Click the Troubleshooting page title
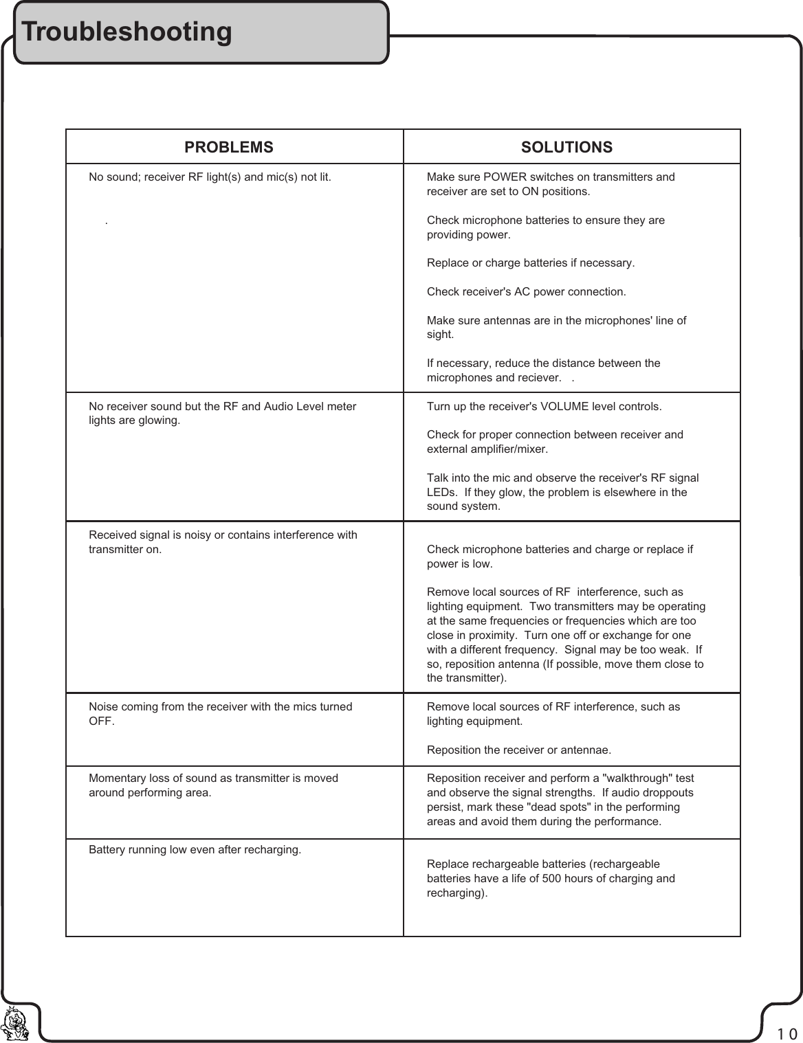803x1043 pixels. (x=126, y=32)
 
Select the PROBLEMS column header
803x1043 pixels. (x=228, y=147)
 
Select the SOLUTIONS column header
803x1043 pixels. (x=566, y=147)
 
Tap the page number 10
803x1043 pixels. (x=787, y=1033)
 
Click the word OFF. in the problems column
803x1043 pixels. (x=102, y=721)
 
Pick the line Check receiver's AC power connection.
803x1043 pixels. (x=526, y=292)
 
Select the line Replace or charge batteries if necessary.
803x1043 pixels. (x=531, y=263)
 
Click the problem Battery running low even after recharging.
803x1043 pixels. (x=195, y=850)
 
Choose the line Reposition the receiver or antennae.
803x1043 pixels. (x=519, y=750)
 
